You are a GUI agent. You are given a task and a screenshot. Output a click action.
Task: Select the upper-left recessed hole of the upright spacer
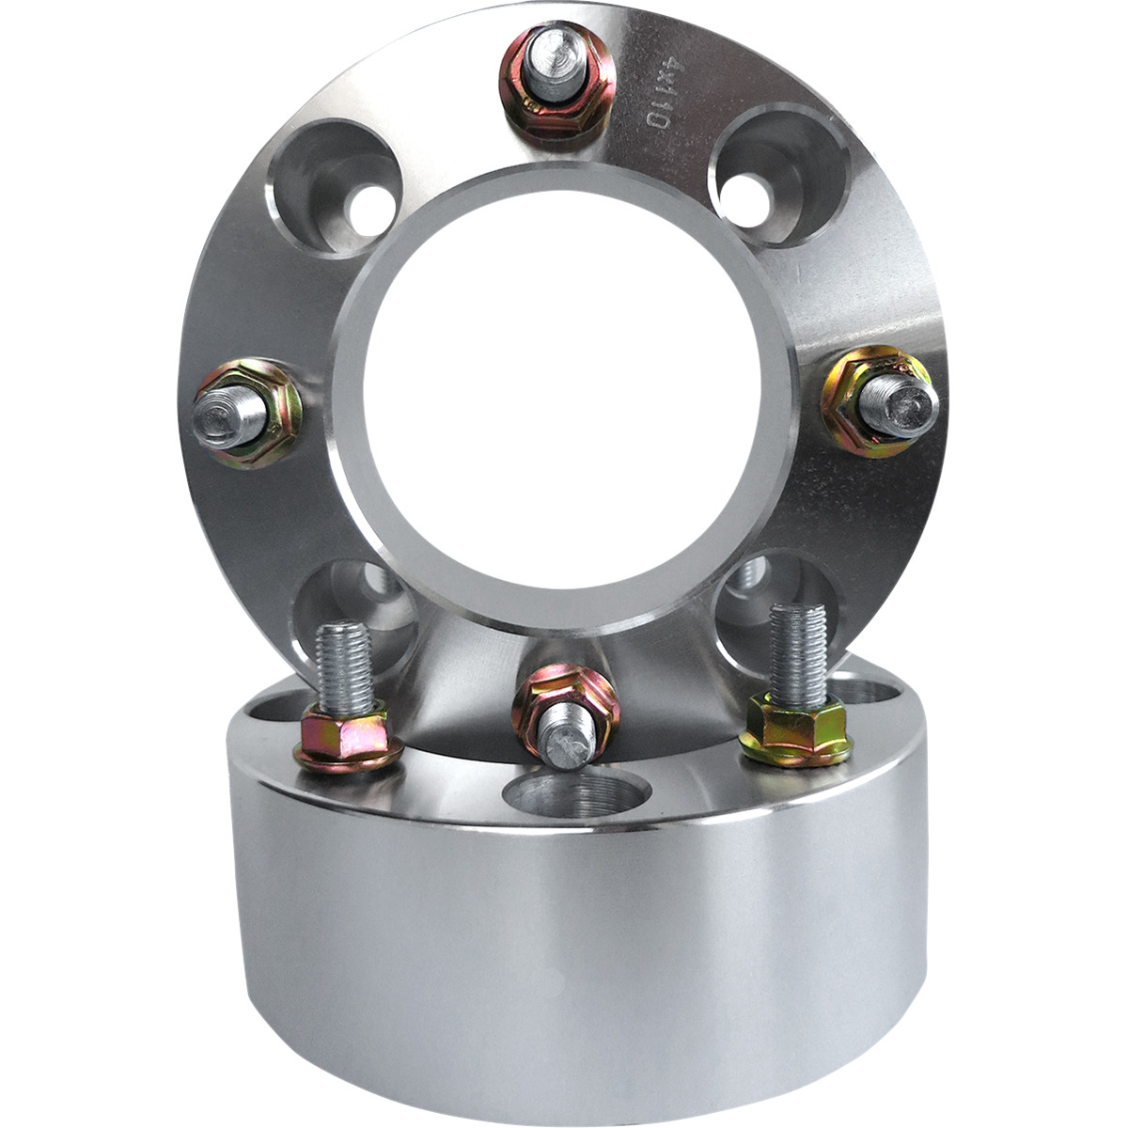(x=335, y=187)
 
